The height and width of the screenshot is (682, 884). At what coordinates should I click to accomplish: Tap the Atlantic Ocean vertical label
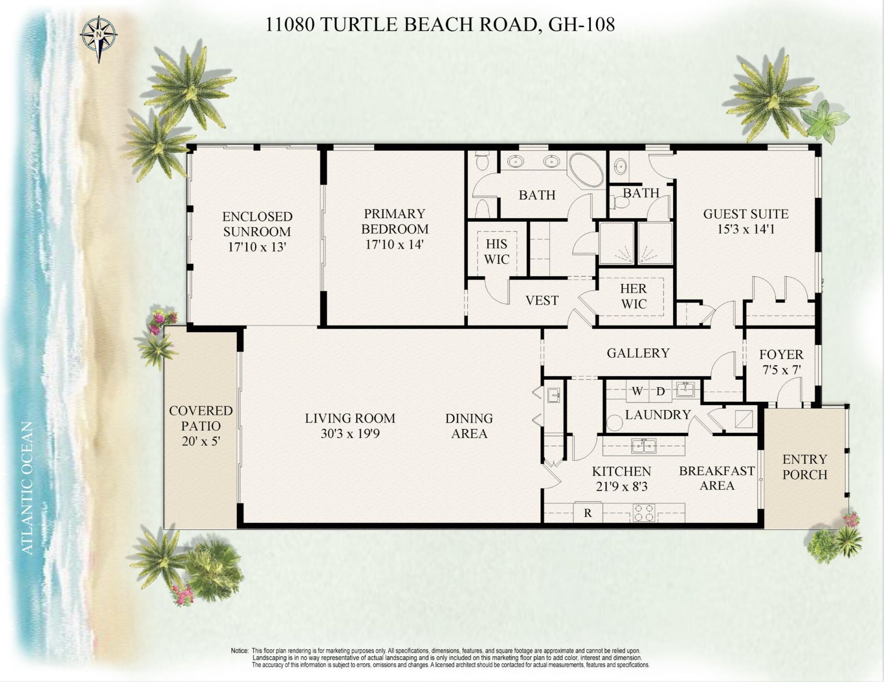pyautogui.click(x=28, y=488)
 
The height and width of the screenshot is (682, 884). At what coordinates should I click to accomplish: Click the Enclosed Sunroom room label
pyautogui.click(x=257, y=224)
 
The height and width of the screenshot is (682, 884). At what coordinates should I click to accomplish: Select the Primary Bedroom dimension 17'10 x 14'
pyautogui.click(x=395, y=244)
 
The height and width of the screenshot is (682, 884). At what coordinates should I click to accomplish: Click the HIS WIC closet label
pyautogui.click(x=496, y=251)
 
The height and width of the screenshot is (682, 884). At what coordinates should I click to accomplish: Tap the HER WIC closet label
pyautogui.click(x=634, y=296)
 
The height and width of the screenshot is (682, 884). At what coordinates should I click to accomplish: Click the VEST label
pyautogui.click(x=542, y=301)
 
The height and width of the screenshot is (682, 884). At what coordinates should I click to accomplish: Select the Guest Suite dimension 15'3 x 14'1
pyautogui.click(x=745, y=229)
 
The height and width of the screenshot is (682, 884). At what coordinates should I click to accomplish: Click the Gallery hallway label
pyautogui.click(x=638, y=353)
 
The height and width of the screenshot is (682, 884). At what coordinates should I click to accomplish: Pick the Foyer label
pyautogui.click(x=781, y=354)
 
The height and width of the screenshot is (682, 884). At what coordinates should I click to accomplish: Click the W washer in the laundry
pyautogui.click(x=637, y=391)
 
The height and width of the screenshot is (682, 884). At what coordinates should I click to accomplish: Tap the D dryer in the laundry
pyautogui.click(x=661, y=391)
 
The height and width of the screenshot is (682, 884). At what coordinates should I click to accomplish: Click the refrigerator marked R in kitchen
pyautogui.click(x=587, y=513)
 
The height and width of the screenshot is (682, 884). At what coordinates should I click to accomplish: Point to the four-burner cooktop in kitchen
pyautogui.click(x=644, y=513)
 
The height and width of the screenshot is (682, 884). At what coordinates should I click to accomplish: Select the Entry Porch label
pyautogui.click(x=805, y=467)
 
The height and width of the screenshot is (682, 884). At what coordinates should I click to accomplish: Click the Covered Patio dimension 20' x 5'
pyautogui.click(x=201, y=441)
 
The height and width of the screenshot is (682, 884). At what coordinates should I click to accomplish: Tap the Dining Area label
pyautogui.click(x=469, y=426)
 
